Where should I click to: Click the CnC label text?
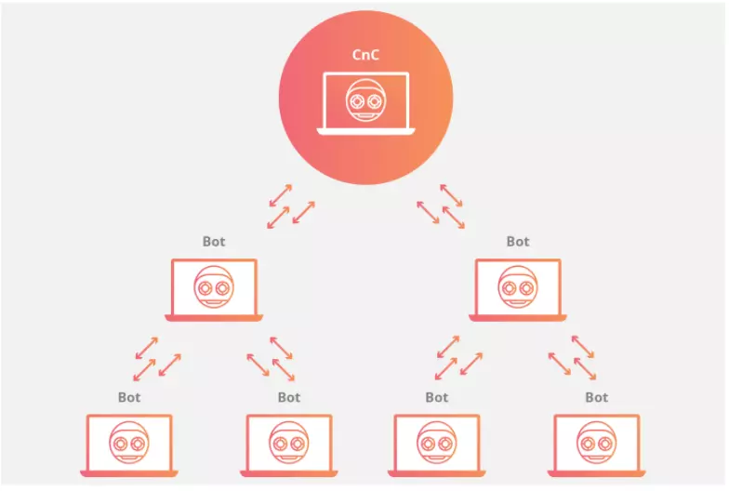(x=365, y=55)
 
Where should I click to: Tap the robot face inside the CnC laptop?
(x=366, y=100)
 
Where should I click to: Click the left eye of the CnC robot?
(x=357, y=100)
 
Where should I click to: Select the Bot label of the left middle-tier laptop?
(x=214, y=242)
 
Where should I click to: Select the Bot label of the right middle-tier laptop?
(x=517, y=242)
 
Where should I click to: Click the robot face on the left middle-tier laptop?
(x=214, y=286)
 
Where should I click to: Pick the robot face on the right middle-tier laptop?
(x=517, y=286)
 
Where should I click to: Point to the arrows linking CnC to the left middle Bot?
(x=291, y=206)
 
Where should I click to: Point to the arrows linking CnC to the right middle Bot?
(x=441, y=206)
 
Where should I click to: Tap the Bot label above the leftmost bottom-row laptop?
(x=129, y=397)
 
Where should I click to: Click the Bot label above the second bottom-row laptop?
(x=288, y=397)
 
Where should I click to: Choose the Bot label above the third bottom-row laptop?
(x=437, y=397)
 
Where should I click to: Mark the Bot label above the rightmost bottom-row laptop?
(x=597, y=397)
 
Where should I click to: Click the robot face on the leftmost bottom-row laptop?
(x=129, y=443)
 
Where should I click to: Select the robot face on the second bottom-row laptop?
(x=288, y=443)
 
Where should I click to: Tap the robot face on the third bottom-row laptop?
(x=437, y=443)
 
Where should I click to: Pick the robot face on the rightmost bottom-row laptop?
(x=597, y=443)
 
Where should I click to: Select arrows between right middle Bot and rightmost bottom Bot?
(x=572, y=358)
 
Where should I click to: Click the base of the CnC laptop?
(x=366, y=132)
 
